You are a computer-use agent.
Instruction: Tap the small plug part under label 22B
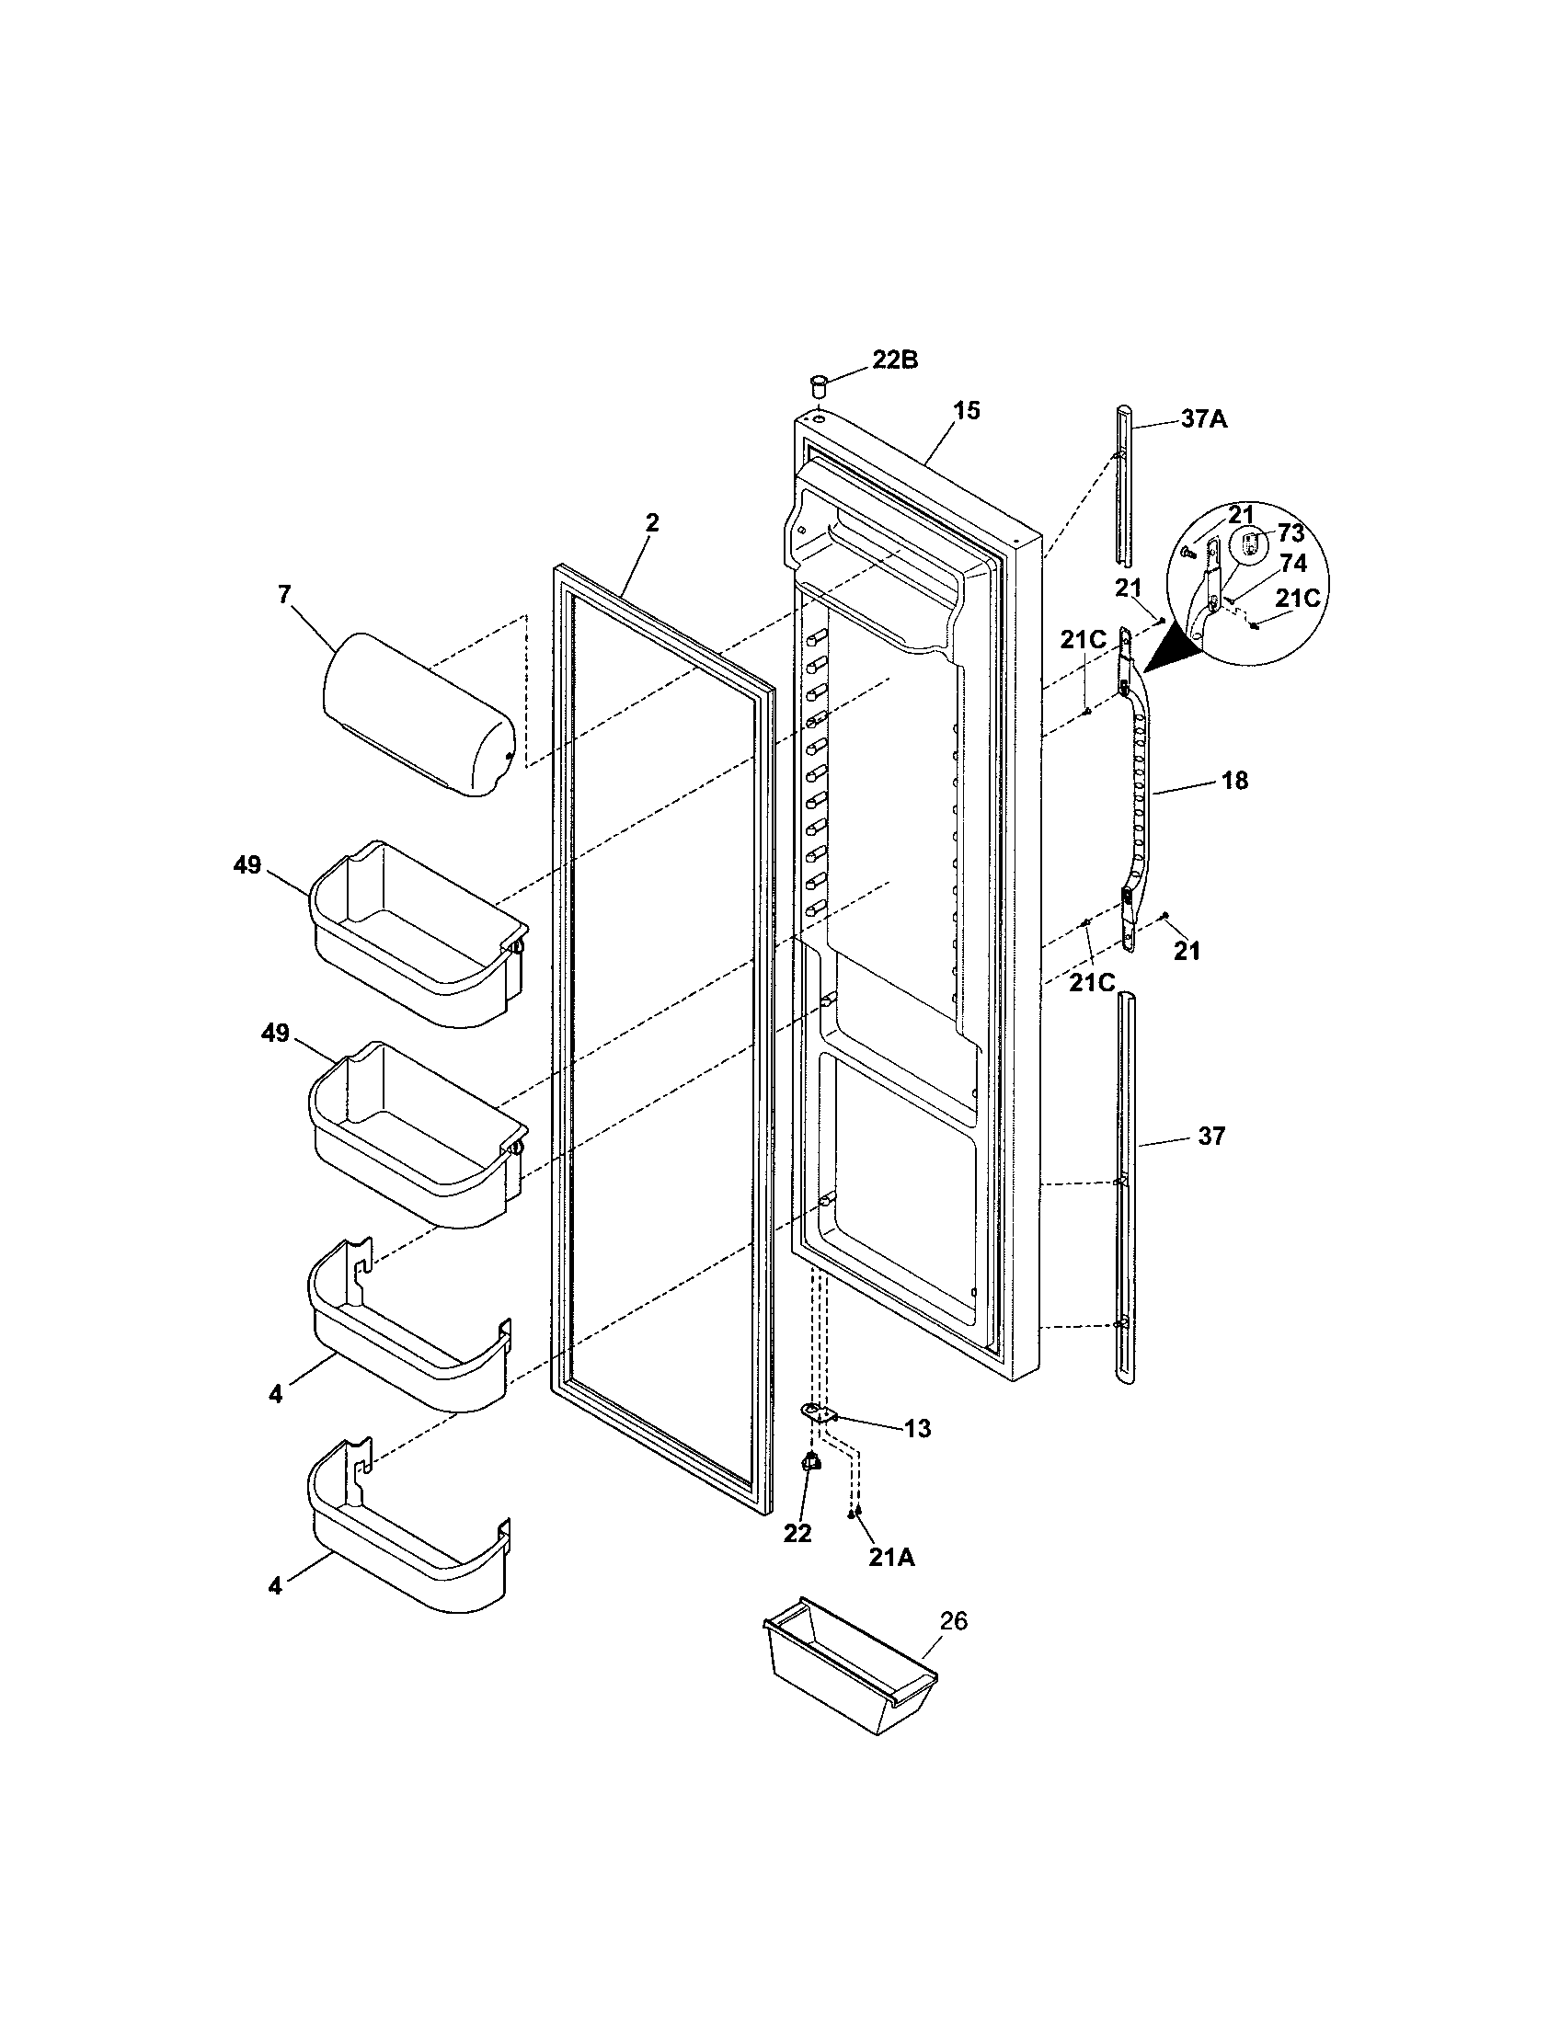pos(819,383)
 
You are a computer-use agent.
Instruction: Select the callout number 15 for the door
pos(966,410)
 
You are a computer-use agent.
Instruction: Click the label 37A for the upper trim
pos(1203,419)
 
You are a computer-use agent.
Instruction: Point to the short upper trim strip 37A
pos(1123,486)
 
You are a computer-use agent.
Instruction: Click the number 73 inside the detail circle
pos(1290,533)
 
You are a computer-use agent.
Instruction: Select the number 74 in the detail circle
pos(1292,563)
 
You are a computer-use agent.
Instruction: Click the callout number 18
pos(1233,781)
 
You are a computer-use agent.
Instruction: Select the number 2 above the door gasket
pos(652,522)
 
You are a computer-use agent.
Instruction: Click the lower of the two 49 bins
pos(417,1135)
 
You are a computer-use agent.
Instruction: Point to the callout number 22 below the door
pos(797,1534)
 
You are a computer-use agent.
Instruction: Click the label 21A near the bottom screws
pos(891,1558)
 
